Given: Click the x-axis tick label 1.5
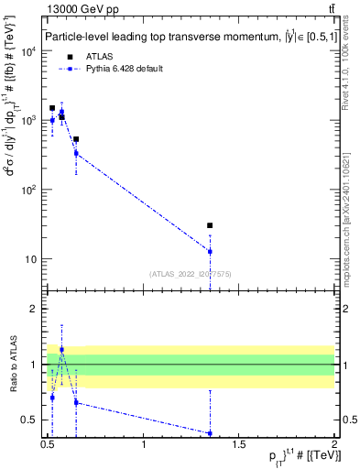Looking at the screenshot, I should pos(239,446).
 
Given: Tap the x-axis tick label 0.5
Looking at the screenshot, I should pos(48,446).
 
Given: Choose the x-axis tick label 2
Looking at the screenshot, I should pos(333,446).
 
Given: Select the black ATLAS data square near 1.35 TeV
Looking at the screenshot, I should pos(210,225).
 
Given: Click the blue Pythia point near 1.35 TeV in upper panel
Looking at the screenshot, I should pos(210,251).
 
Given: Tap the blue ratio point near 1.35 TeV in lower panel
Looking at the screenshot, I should pos(210,433).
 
